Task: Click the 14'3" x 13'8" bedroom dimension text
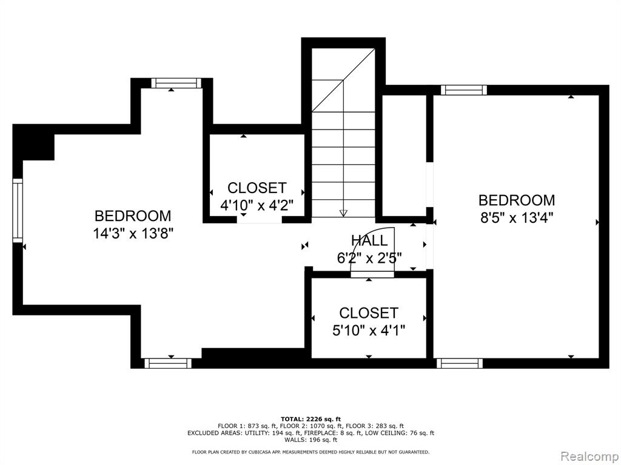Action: click(x=133, y=234)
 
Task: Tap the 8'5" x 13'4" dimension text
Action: click(x=517, y=218)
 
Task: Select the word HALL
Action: click(x=369, y=241)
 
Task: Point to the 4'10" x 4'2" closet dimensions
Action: click(x=257, y=205)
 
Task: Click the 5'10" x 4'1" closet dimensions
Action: click(x=368, y=330)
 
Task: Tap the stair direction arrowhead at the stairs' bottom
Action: click(x=343, y=213)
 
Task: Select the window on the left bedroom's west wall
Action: click(x=18, y=210)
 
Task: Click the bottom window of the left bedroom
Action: click(x=167, y=363)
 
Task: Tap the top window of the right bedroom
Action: click(x=463, y=90)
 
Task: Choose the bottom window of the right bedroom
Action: click(x=460, y=363)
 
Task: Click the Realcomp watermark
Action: click(x=588, y=457)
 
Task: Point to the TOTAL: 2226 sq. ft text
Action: click(x=310, y=419)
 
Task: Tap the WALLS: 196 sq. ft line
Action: click(x=310, y=440)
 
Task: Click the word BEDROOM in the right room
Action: click(x=517, y=200)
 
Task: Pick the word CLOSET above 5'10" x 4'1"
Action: click(x=368, y=313)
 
